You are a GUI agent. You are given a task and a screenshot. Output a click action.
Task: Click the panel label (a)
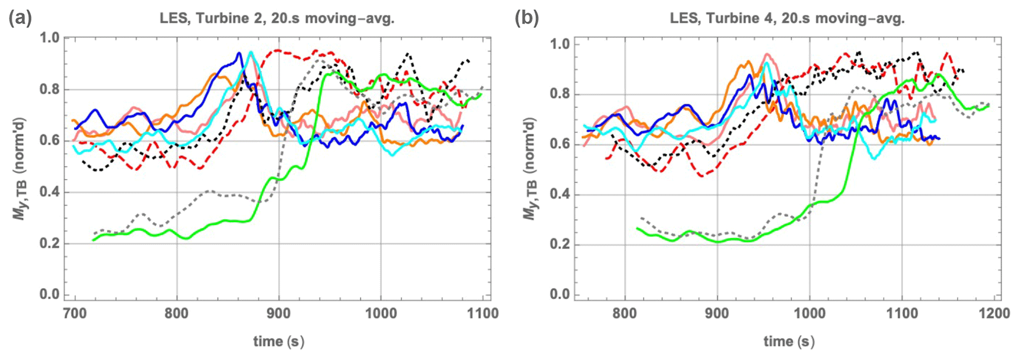20,18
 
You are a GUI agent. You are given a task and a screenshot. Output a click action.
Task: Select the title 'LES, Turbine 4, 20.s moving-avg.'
787,19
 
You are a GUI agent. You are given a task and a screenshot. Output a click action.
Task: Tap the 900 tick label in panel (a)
279,313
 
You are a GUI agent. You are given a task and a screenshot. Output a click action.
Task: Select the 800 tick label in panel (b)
625,313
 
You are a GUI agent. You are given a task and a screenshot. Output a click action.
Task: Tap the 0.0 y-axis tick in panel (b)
560,294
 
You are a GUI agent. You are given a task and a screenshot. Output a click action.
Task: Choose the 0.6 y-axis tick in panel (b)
560,144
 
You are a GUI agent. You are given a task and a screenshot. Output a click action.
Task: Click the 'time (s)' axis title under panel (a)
279,341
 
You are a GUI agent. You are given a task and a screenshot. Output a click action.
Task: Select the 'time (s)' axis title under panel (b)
789,341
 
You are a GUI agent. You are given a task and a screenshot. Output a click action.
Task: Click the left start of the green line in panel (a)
93,240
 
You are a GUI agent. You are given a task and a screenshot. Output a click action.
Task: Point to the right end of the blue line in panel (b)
940,139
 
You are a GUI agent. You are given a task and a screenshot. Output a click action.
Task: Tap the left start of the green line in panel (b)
636,228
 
